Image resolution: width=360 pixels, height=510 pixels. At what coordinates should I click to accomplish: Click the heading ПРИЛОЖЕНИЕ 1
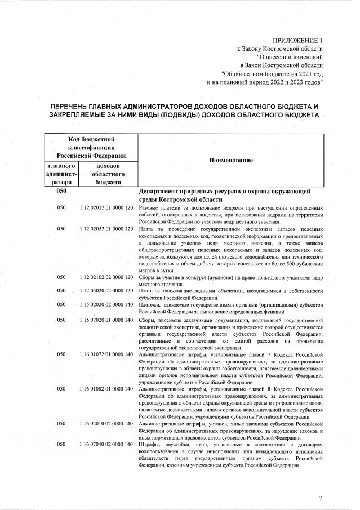click(x=298, y=41)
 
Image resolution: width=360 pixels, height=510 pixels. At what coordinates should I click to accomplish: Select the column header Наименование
click(x=231, y=160)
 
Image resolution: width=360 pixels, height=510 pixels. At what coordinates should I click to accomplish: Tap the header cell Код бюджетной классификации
click(x=91, y=147)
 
